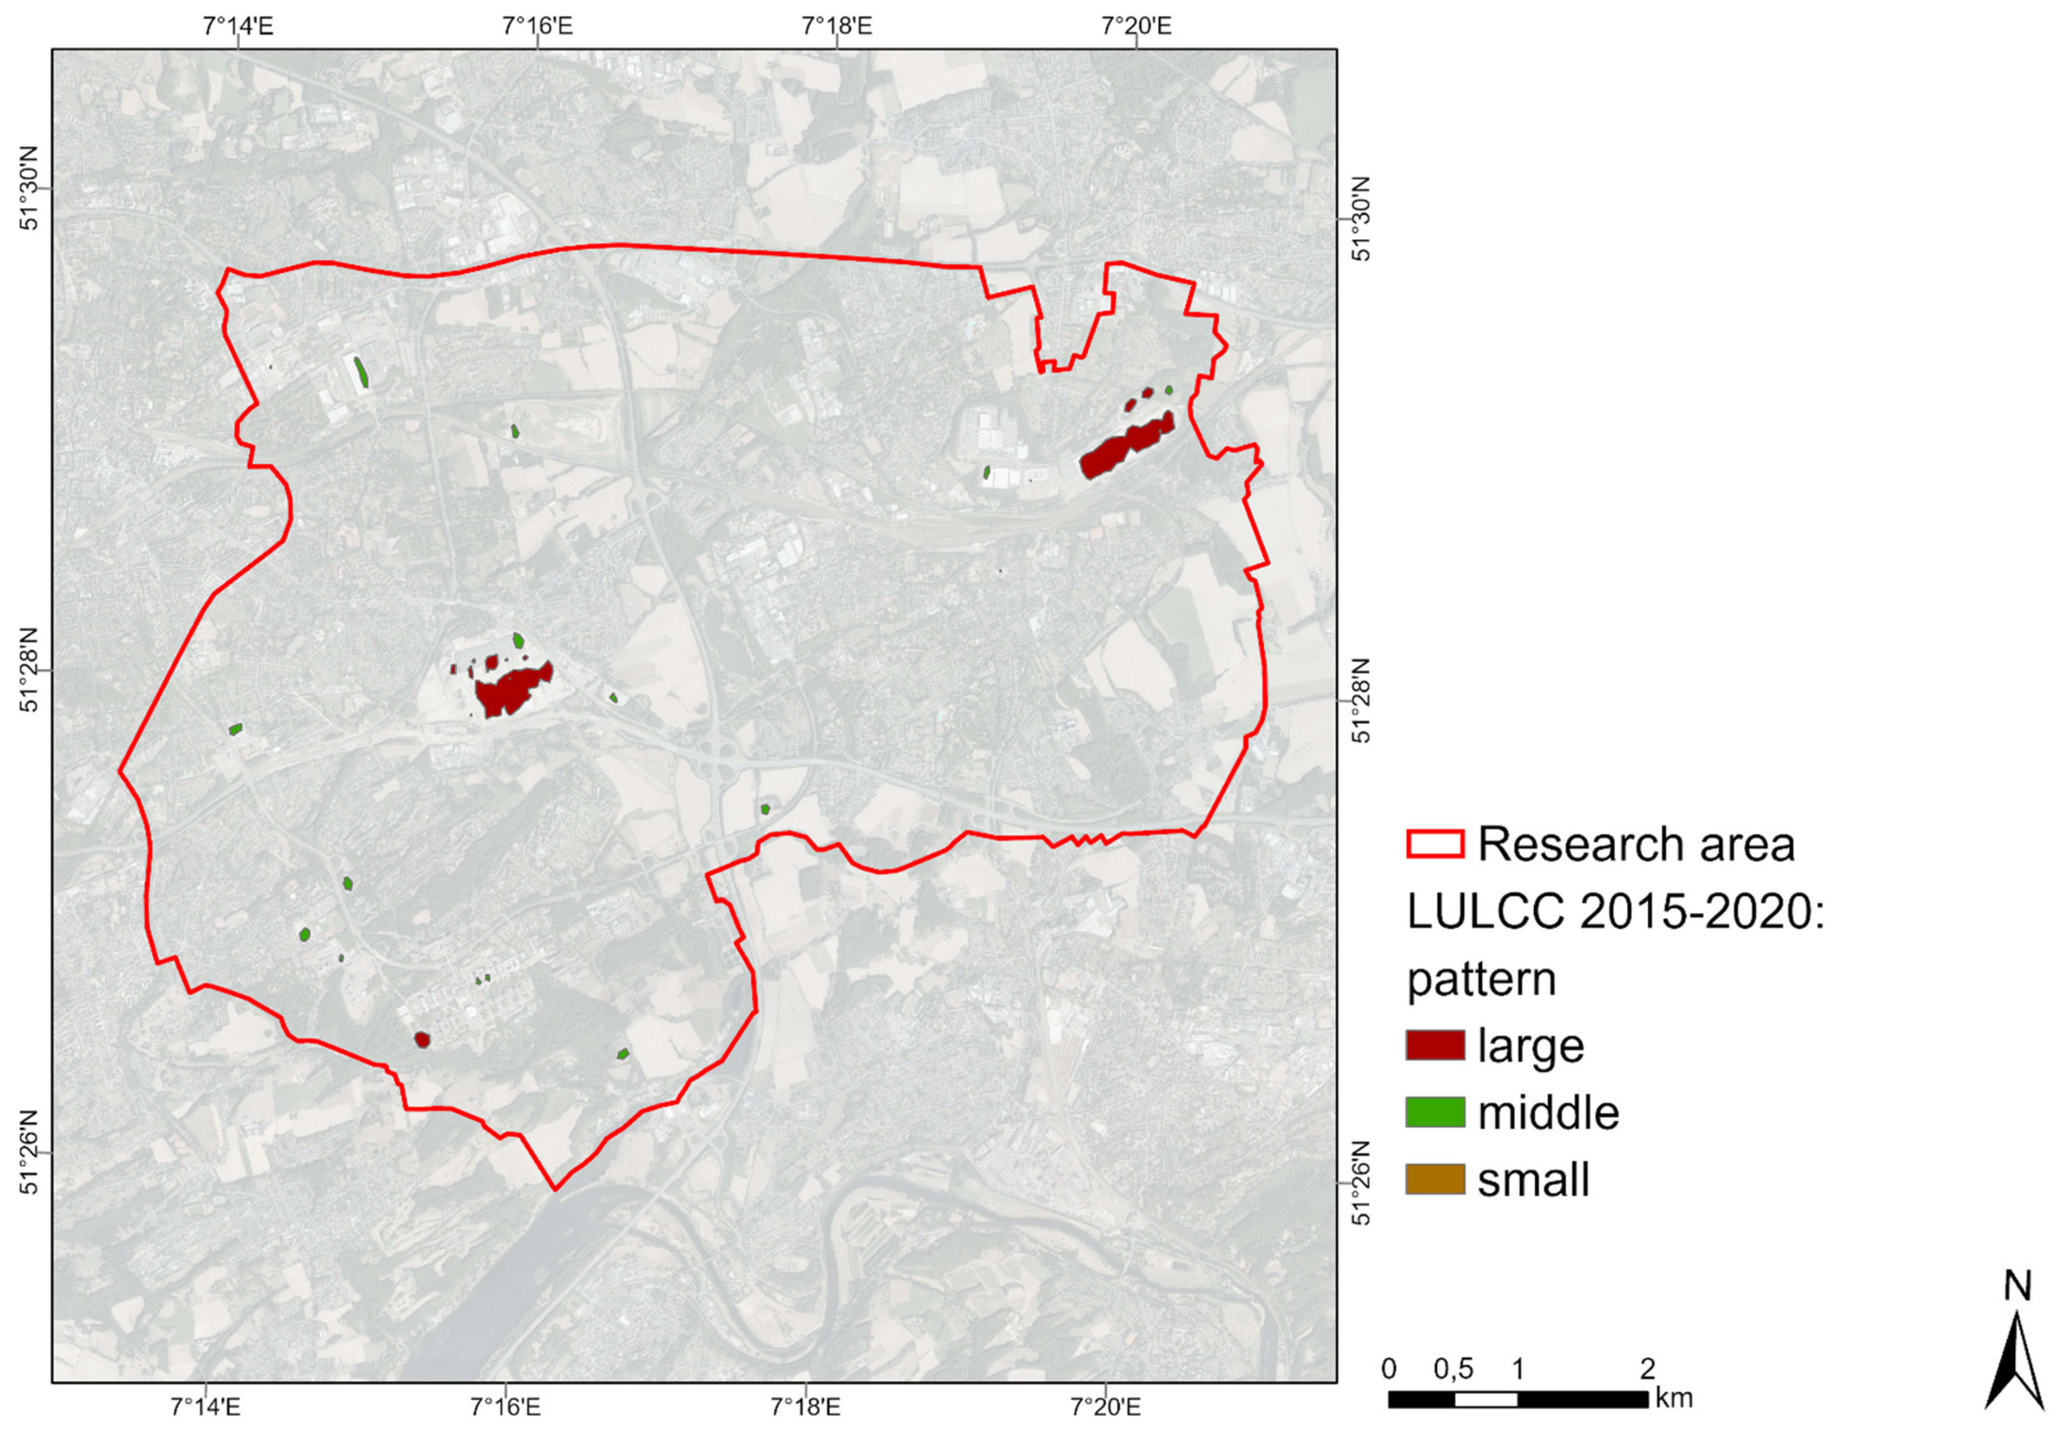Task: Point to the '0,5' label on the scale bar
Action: pyautogui.click(x=1453, y=1369)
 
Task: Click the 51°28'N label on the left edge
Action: pyautogui.click(x=29, y=682)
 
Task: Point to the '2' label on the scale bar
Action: pyautogui.click(x=1647, y=1369)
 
